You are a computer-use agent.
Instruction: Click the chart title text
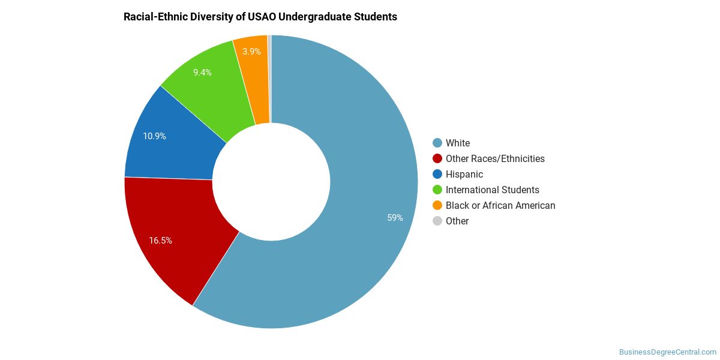(x=260, y=17)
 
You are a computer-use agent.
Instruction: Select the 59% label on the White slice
(x=395, y=218)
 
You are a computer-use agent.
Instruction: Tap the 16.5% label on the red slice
(x=160, y=241)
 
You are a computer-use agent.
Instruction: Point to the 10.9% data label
(x=154, y=136)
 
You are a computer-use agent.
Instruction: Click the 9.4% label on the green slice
(x=202, y=73)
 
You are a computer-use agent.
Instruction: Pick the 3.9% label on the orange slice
(x=251, y=52)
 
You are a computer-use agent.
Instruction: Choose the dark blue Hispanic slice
(x=173, y=142)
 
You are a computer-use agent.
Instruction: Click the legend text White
(x=458, y=143)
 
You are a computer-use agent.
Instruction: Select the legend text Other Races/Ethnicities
(x=495, y=159)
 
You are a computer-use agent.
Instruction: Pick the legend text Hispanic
(x=464, y=174)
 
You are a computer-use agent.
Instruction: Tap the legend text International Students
(x=493, y=190)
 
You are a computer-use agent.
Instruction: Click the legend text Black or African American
(x=500, y=205)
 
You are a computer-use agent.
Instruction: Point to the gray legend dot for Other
(x=437, y=221)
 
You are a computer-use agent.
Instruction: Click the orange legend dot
(x=437, y=205)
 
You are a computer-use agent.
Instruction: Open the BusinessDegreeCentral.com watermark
(x=668, y=352)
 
